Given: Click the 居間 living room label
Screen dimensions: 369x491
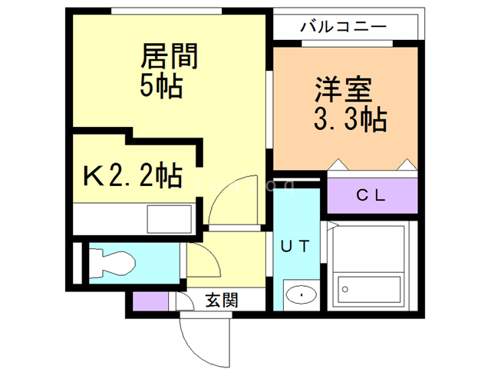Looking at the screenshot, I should (170, 56).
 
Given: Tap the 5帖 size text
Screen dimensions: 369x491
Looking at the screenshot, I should (161, 86).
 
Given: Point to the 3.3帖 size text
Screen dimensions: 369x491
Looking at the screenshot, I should (348, 119).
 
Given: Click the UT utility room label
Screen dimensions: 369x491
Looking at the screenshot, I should (295, 247).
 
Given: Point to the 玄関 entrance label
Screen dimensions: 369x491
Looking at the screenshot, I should (222, 300).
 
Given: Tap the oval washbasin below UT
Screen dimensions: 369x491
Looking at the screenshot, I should (298, 294).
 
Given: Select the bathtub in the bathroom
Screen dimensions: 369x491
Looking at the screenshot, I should (371, 289).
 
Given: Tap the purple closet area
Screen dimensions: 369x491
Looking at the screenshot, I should (372, 195).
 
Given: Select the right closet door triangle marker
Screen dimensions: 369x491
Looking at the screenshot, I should (406, 165).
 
